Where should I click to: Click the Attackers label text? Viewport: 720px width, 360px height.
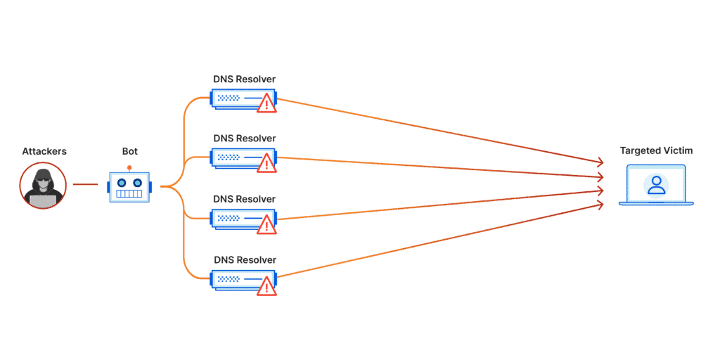point(44,151)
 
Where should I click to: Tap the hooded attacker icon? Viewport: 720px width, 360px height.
point(43,186)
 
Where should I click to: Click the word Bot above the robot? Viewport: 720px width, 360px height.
point(129,151)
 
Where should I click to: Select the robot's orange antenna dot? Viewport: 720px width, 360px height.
point(129,167)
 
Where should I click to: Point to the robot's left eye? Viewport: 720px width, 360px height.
point(122,181)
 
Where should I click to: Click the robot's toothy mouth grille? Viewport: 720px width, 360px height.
point(129,194)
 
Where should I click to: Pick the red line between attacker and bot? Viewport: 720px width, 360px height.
point(85,185)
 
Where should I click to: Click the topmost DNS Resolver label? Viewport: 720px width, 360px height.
point(244,79)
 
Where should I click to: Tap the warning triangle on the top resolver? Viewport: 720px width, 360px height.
point(266,103)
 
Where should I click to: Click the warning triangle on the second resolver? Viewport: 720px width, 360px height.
point(266,163)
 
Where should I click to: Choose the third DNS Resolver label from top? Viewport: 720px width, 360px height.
point(244,199)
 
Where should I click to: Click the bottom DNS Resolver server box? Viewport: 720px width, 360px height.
point(243,280)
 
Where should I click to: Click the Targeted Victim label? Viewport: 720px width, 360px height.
point(656,150)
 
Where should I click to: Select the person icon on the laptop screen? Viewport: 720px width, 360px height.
point(656,185)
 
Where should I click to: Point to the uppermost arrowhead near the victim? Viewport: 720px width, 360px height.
point(600,162)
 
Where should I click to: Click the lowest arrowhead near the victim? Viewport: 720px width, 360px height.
point(600,205)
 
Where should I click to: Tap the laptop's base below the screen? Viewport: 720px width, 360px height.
point(656,203)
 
